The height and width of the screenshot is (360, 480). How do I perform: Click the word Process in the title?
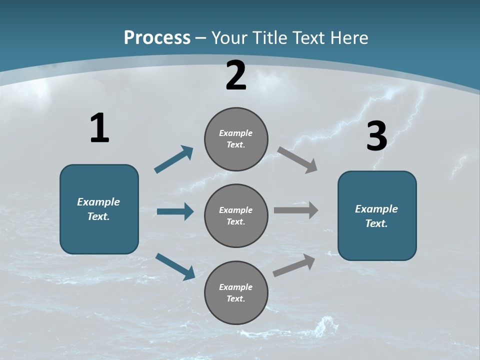tap(157, 38)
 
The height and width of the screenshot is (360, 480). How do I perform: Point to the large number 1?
tap(99, 128)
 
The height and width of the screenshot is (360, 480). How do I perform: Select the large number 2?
tap(236, 75)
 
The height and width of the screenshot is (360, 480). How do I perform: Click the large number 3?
tap(376, 136)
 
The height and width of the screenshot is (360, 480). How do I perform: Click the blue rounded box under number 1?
tap(99, 209)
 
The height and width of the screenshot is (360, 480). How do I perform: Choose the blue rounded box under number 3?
tap(377, 216)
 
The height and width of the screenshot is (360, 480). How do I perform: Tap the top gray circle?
tap(236, 139)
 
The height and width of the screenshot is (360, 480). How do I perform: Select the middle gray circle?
tap(236, 216)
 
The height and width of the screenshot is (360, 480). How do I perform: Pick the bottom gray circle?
tap(236, 293)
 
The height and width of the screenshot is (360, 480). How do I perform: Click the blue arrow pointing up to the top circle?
tap(174, 159)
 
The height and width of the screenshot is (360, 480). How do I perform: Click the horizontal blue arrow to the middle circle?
tap(175, 212)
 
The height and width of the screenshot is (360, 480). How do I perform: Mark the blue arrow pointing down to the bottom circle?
tap(175, 266)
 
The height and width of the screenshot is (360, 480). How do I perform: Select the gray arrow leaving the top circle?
tap(297, 159)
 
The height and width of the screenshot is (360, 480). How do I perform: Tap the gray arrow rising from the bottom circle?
tap(294, 265)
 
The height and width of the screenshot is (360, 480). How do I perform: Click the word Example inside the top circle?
tap(236, 133)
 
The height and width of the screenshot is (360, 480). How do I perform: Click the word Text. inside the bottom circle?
tap(236, 298)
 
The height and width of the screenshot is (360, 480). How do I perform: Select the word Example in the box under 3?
tap(376, 209)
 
